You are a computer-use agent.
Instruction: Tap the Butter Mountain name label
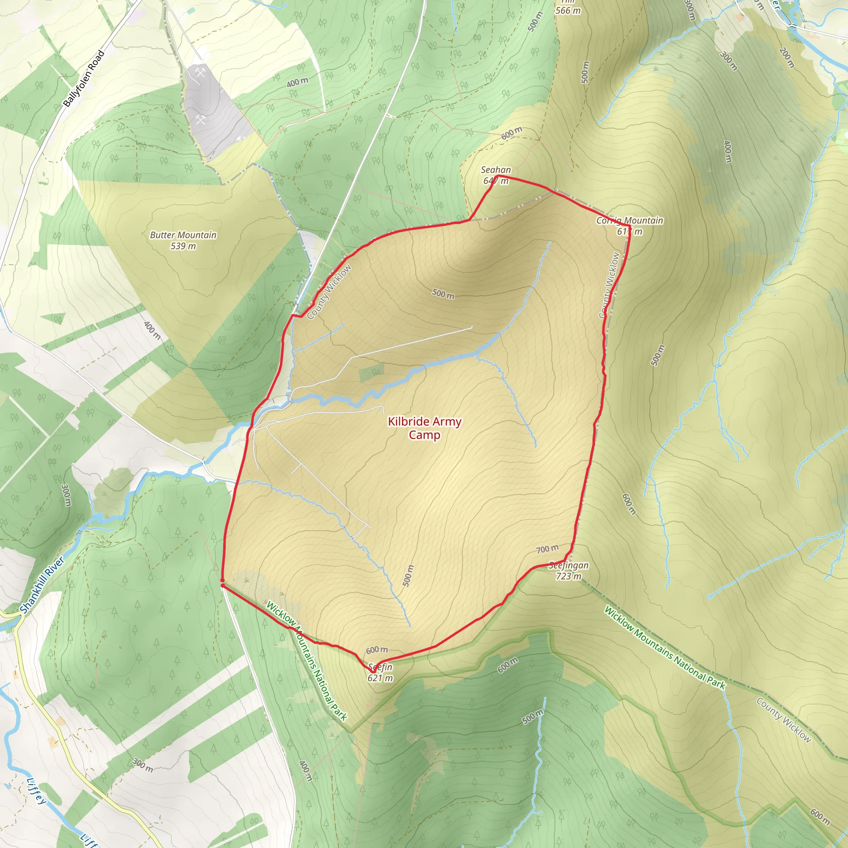pyautogui.click(x=183, y=235)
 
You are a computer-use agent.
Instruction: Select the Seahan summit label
pyautogui.click(x=496, y=169)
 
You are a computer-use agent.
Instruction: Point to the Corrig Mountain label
pyautogui.click(x=629, y=220)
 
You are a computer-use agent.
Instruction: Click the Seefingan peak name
pyautogui.click(x=569, y=565)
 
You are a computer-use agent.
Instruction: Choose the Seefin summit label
pyautogui.click(x=380, y=667)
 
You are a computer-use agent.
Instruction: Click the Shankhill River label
pyautogui.click(x=42, y=585)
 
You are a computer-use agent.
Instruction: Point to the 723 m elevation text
pyautogui.click(x=569, y=576)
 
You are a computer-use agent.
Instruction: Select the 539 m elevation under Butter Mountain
pyautogui.click(x=183, y=246)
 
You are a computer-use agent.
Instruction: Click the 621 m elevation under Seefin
pyautogui.click(x=380, y=678)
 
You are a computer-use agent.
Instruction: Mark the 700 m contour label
pyautogui.click(x=547, y=549)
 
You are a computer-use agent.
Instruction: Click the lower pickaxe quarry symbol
pyautogui.click(x=200, y=119)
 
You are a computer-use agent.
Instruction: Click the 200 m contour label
pyautogui.click(x=787, y=58)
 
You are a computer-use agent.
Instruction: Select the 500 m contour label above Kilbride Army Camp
pyautogui.click(x=443, y=294)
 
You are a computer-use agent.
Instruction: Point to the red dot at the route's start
pyautogui.click(x=222, y=585)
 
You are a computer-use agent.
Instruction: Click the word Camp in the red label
pyautogui.click(x=424, y=435)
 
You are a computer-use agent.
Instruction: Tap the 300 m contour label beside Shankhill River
pyautogui.click(x=66, y=495)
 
